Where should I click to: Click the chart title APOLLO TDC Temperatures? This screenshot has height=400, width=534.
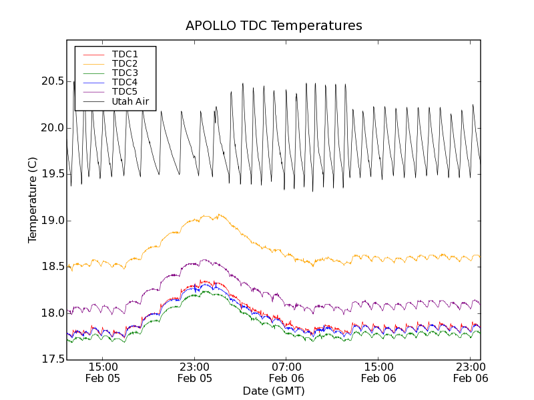(x=274, y=26)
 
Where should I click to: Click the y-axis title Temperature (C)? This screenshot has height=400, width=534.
(x=33, y=200)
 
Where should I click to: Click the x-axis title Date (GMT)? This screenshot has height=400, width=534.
(x=274, y=391)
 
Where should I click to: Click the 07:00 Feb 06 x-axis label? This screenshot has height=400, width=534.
(x=287, y=372)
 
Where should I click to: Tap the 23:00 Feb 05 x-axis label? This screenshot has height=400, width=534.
(x=195, y=372)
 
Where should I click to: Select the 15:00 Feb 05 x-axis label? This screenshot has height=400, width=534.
(x=103, y=372)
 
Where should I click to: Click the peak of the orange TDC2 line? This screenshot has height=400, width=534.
(x=218, y=215)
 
